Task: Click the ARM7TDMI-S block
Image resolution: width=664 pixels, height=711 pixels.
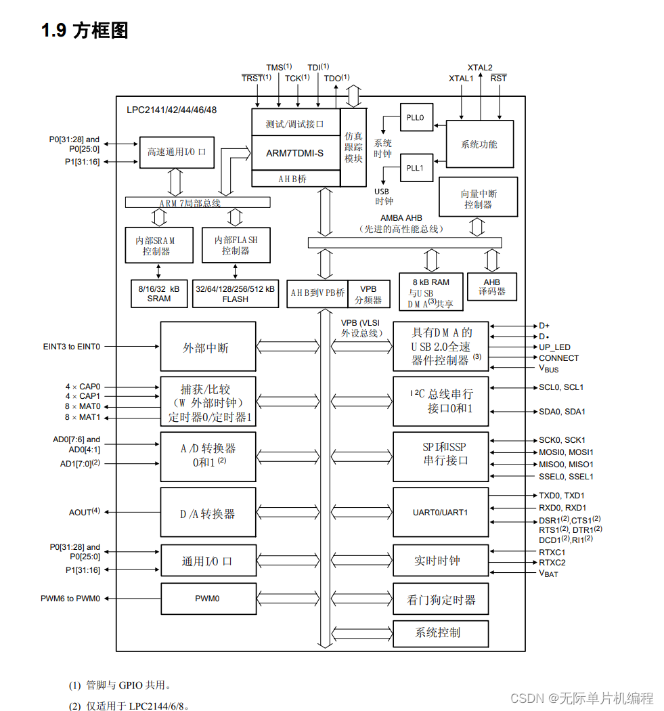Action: (295, 153)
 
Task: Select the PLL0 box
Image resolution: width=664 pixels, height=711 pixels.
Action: (415, 117)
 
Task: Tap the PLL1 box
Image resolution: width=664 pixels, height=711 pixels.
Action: (415, 169)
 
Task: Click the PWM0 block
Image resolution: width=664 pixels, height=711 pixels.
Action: (208, 599)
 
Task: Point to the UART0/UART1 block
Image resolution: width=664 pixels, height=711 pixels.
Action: (441, 513)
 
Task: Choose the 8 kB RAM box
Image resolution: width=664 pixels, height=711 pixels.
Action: (430, 293)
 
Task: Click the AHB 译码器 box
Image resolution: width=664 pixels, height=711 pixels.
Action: (491, 287)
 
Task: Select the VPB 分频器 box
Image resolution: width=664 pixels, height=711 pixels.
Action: (368, 294)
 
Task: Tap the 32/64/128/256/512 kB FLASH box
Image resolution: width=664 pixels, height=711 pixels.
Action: (235, 294)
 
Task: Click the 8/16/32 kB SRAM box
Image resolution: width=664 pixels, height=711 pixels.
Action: (159, 294)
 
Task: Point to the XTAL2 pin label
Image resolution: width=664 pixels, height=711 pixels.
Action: (480, 68)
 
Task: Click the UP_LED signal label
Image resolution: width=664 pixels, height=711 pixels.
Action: (554, 347)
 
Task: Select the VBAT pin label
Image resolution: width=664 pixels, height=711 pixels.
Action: (548, 574)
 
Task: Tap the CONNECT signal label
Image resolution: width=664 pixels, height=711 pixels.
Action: (558, 358)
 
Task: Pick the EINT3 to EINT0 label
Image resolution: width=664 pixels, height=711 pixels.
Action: (71, 347)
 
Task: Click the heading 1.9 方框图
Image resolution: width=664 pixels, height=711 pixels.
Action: (84, 30)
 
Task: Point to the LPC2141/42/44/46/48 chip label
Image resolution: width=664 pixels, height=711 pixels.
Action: (171, 110)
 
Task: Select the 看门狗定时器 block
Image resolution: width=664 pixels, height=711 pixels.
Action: (441, 600)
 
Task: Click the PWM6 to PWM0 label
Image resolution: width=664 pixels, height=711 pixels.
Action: (70, 599)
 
